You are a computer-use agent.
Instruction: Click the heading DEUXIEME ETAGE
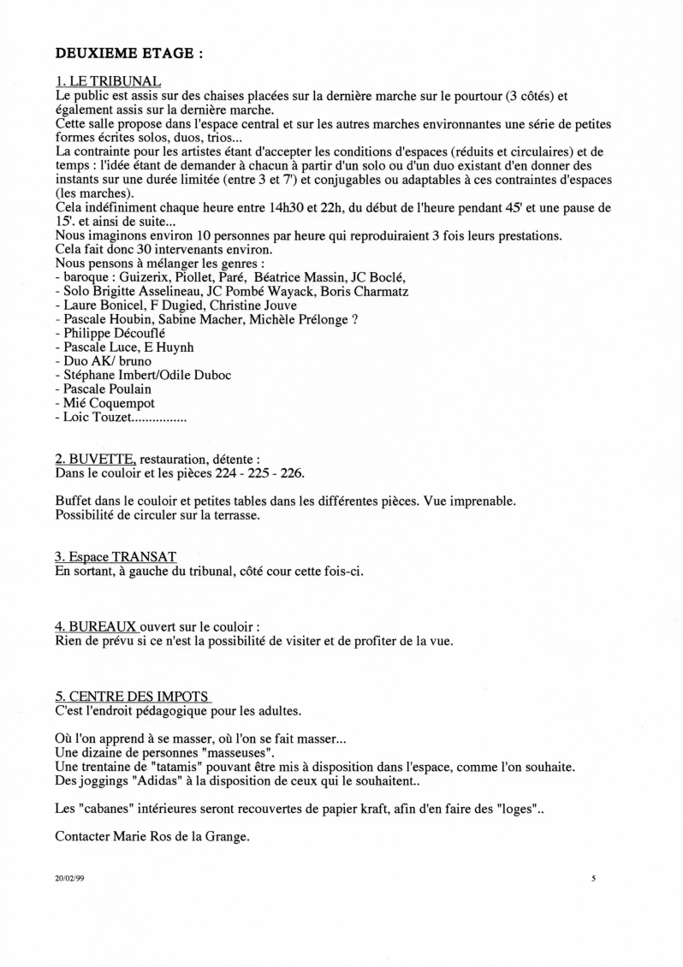pos(129,52)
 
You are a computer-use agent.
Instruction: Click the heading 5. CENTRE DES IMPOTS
pos(132,697)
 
